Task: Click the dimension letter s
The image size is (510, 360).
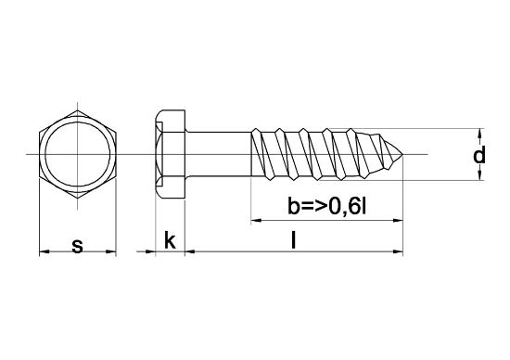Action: [x=77, y=246]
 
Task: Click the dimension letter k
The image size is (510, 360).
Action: [x=170, y=240]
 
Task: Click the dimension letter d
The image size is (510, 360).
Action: [x=479, y=154]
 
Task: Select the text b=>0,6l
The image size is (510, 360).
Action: [x=327, y=206]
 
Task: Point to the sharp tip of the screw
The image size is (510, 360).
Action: [x=402, y=154]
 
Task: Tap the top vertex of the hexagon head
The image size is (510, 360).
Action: [x=77, y=110]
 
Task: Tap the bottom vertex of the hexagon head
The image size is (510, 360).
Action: [x=77, y=198]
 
